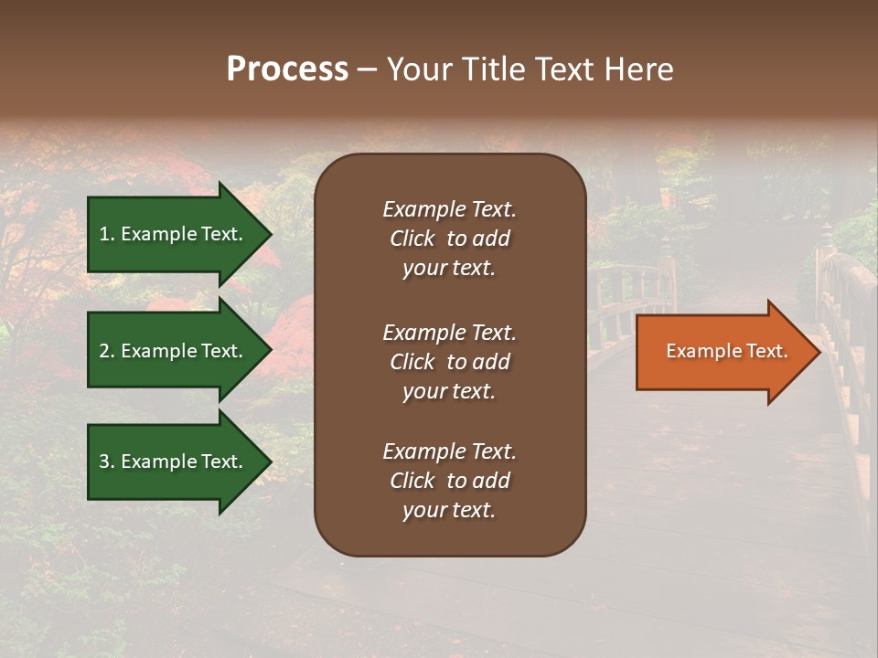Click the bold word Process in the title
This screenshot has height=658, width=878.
[x=287, y=69]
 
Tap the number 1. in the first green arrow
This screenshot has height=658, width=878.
[x=107, y=234]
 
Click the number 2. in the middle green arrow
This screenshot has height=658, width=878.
[x=107, y=351]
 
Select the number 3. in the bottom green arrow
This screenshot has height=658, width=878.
[x=107, y=462]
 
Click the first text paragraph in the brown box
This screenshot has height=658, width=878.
[x=449, y=239]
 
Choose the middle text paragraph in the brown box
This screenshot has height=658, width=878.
[x=449, y=362]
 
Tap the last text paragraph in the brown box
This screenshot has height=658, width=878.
[x=449, y=481]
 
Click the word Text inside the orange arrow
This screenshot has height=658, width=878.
[x=767, y=351]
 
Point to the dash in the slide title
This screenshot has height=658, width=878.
[x=367, y=70]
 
